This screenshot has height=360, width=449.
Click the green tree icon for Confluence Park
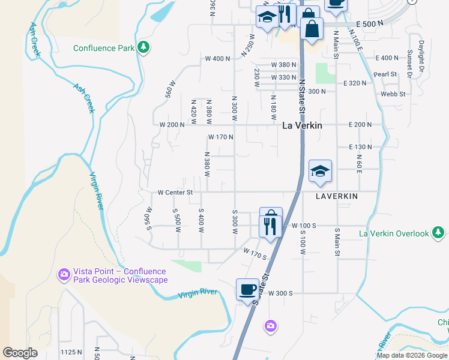(x=143, y=47)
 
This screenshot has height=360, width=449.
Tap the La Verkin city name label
(x=302, y=126)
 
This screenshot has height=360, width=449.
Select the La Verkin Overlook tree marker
(x=439, y=233)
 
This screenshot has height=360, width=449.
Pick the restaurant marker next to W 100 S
(x=270, y=226)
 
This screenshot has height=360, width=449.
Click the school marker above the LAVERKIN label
(x=320, y=171)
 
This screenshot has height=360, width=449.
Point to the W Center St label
(x=175, y=193)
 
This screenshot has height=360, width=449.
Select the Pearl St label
(x=386, y=74)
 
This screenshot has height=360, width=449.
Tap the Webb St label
(x=393, y=94)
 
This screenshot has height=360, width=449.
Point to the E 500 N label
(x=369, y=23)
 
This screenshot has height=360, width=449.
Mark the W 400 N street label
(x=217, y=59)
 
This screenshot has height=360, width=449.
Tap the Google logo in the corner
(x=20, y=353)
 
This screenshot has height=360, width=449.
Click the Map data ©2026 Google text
(x=412, y=355)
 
